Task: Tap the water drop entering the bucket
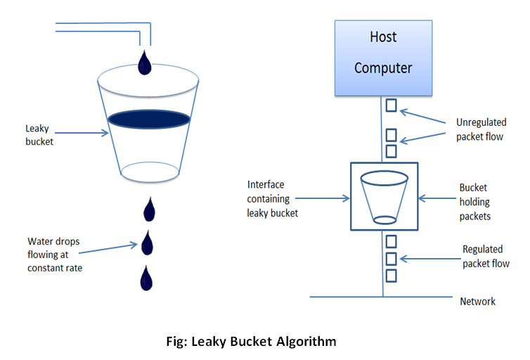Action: click(x=145, y=63)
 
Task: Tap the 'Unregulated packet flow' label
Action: click(x=479, y=129)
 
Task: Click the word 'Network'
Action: click(x=478, y=302)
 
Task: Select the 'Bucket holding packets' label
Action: click(x=474, y=202)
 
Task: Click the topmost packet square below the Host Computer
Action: click(x=392, y=105)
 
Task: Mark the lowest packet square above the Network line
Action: click(x=392, y=276)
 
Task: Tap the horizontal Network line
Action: click(x=351, y=297)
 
